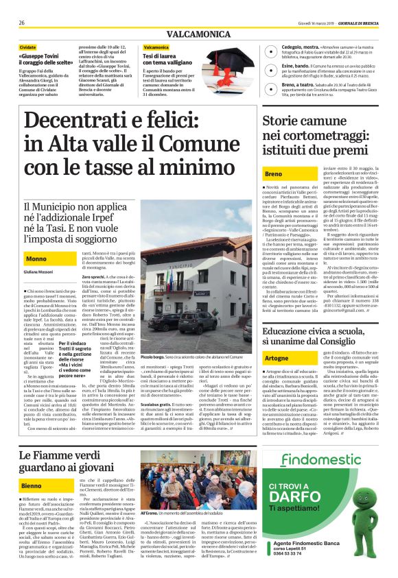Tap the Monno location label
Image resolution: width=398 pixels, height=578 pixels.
(36, 258)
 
